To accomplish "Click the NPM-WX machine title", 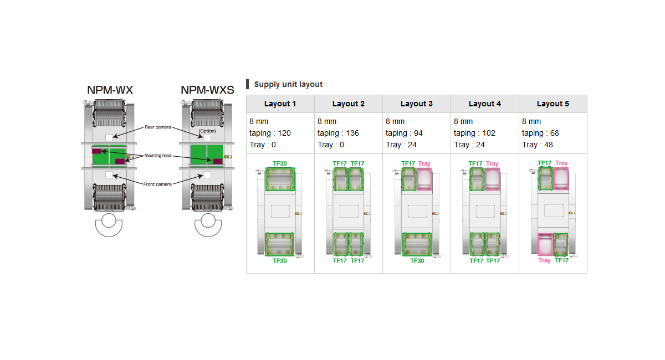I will tap(110, 90).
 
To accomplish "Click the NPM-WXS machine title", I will tap(207, 90).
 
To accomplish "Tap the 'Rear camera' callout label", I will tap(158, 127).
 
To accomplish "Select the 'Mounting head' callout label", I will tap(158, 156).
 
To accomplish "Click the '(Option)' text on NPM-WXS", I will tap(207, 131).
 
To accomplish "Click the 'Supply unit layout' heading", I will tap(288, 84).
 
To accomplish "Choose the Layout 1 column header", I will tap(280, 104).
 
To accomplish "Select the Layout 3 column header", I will tap(416, 104).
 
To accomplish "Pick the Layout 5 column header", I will tap(553, 104).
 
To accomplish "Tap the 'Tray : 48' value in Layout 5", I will tap(537, 145).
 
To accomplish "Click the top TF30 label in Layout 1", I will tap(280, 163).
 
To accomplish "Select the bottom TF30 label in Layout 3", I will tap(417, 260).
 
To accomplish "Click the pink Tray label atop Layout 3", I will tap(424, 163).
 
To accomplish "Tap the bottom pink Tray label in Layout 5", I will tap(544, 260).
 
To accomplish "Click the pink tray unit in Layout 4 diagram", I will tap(493, 179).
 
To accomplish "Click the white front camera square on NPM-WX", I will tap(109, 175).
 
